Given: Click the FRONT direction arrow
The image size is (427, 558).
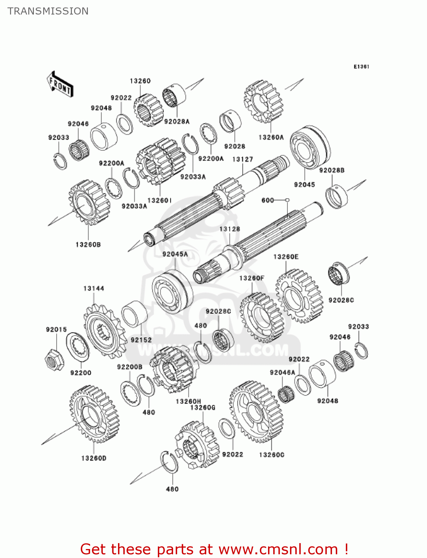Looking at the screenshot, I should click(x=60, y=85).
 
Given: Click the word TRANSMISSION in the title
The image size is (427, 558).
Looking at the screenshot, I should click(x=48, y=11).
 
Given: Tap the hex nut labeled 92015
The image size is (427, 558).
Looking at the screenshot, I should click(x=54, y=359).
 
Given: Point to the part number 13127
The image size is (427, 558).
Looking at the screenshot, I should click(x=242, y=159).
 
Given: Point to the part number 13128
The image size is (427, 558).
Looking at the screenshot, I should click(x=230, y=229).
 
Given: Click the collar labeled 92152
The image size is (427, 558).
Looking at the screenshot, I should click(x=134, y=314).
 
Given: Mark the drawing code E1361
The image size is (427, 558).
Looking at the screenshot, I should click(x=361, y=67).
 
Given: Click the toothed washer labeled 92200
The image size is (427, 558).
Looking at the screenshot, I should click(x=78, y=346).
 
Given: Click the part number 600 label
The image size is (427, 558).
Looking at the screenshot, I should click(x=268, y=200).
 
